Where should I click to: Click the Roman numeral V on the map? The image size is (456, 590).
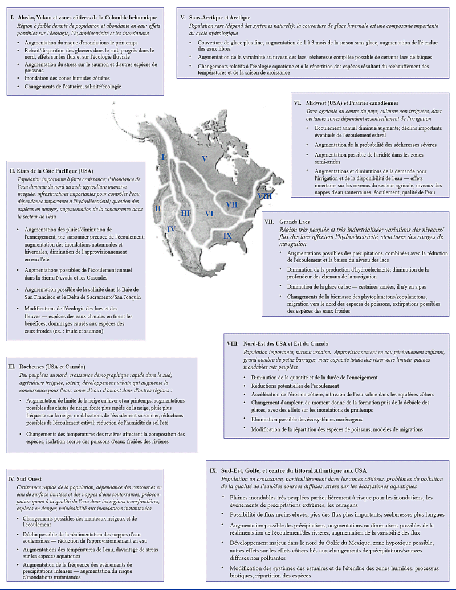[204, 158]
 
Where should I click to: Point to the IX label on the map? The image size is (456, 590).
[227, 235]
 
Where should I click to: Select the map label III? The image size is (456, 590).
[185, 213]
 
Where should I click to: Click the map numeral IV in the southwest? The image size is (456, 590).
[170, 230]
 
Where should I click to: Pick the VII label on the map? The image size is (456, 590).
[231, 204]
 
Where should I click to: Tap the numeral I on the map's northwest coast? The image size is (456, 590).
[163, 157]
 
